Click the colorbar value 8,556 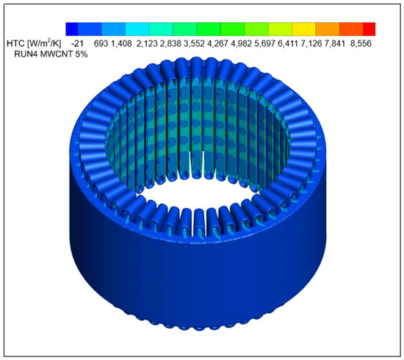point(361,43)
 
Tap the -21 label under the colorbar point(77,43)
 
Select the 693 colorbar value point(101,43)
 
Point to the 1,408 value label point(121,43)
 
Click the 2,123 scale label point(147,43)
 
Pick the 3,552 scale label point(194,43)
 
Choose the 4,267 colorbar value point(217,43)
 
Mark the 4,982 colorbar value point(241,43)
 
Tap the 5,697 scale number point(265,43)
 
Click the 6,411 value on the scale point(288,43)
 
